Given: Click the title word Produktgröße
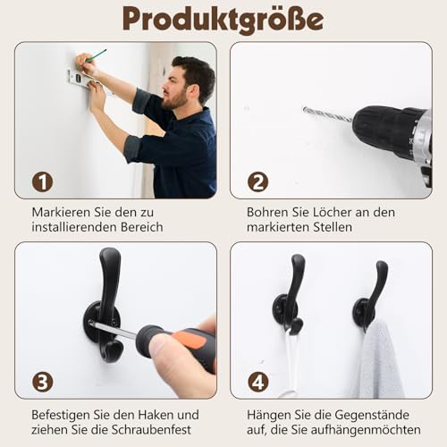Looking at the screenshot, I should [x=223, y=19].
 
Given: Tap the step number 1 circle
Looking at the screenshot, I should [x=42, y=181].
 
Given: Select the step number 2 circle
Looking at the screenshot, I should [x=257, y=181].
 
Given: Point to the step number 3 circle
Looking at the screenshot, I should [x=42, y=382].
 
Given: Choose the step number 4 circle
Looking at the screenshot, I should [x=257, y=382].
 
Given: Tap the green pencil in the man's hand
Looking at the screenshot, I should [x=96, y=55].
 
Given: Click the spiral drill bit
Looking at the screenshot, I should [x=327, y=114].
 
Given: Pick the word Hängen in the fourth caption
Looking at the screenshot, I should [x=268, y=415].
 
